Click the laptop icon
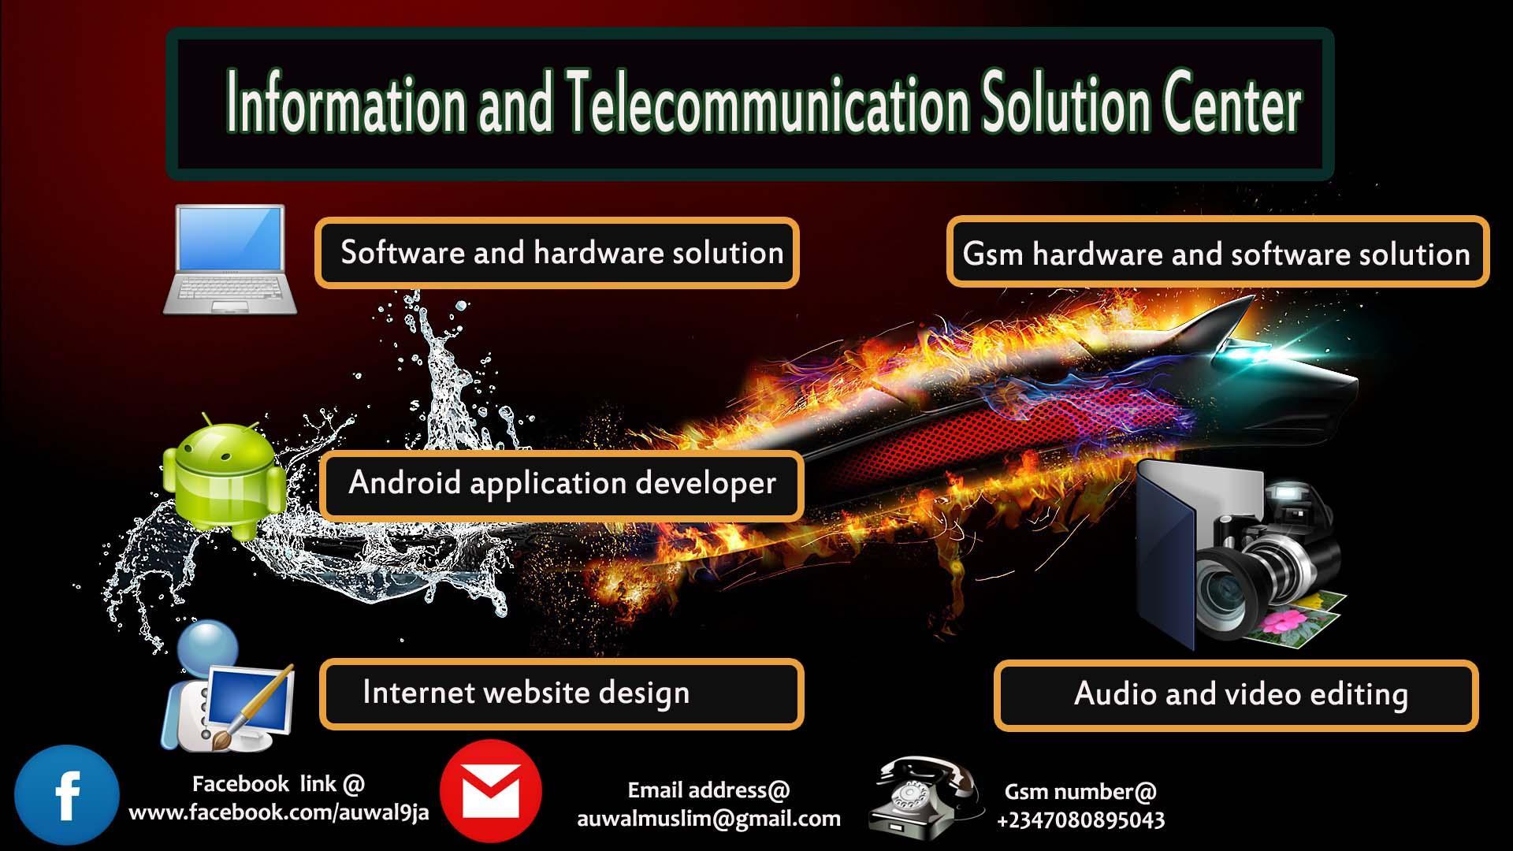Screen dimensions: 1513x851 tap(229, 260)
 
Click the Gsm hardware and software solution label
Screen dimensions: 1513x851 tap(1217, 253)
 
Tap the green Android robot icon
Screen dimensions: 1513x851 tap(225, 478)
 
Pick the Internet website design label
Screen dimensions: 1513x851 tap(562, 693)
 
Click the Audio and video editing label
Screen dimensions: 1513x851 tap(1236, 695)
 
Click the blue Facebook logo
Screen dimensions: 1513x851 tap(67, 795)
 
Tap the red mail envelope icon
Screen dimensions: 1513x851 tap(491, 791)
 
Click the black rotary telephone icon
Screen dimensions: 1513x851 tap(925, 797)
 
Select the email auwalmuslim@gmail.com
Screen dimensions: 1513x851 tap(708, 819)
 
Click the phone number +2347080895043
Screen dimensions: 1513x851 tap(1080, 820)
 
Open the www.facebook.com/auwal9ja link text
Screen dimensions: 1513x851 tap(279, 812)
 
